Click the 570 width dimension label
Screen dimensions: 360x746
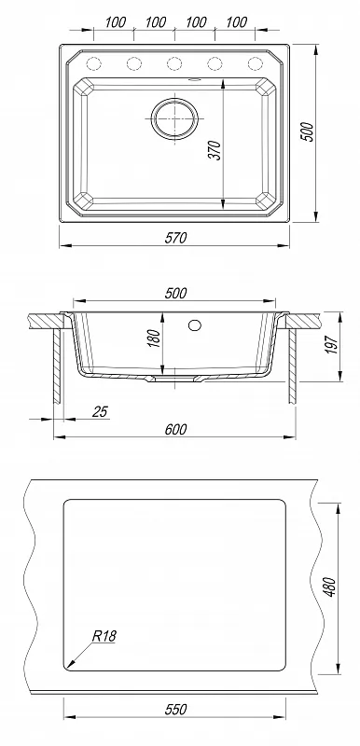point(176,238)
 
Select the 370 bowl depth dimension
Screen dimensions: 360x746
point(215,150)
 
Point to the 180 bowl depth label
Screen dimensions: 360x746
point(155,338)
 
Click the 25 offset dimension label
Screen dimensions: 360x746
point(100,411)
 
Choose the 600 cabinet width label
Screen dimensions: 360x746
point(176,429)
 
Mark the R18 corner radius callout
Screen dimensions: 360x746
point(104,636)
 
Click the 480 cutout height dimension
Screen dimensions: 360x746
point(330,587)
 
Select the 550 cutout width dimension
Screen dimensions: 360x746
point(175,710)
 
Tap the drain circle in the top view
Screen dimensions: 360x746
point(174,118)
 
